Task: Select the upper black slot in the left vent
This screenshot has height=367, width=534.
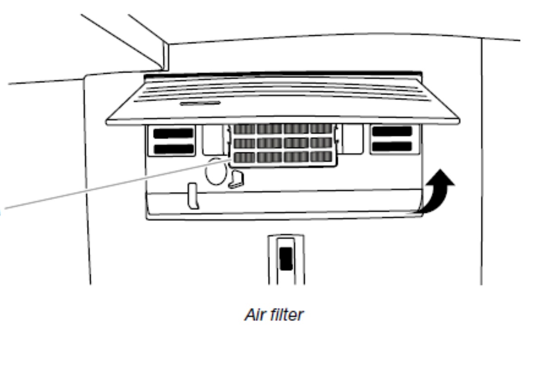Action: tap(173, 133)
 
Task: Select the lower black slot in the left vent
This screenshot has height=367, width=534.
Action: tap(174, 149)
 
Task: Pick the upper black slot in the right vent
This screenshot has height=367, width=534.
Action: tap(392, 131)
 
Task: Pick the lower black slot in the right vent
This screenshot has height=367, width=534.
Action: tap(392, 146)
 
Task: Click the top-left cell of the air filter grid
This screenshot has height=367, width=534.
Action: tap(244, 129)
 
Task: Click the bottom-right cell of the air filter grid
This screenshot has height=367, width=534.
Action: tap(321, 156)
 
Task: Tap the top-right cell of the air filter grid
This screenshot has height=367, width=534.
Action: tap(321, 128)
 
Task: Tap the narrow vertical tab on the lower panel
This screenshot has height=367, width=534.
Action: tap(193, 196)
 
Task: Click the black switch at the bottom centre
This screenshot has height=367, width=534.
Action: tap(286, 258)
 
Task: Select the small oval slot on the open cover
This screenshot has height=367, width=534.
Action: tap(200, 103)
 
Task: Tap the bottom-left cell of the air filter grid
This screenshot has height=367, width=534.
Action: tap(244, 157)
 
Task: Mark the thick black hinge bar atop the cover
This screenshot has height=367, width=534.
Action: tap(283, 75)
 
